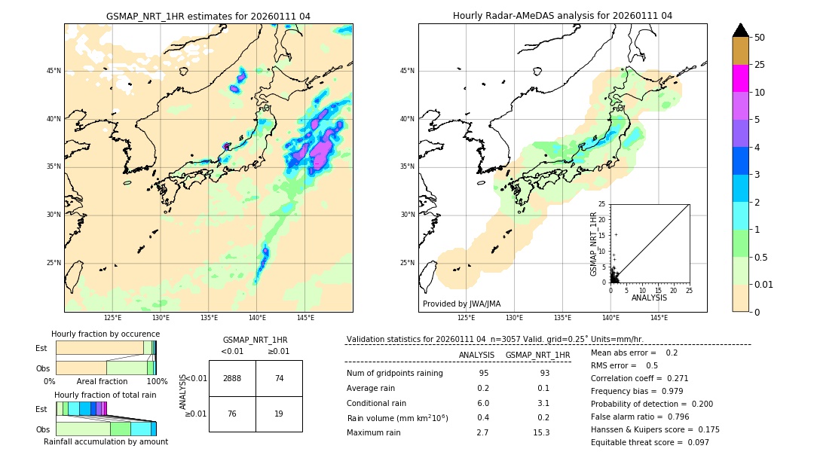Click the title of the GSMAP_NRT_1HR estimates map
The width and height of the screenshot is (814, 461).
(208, 16)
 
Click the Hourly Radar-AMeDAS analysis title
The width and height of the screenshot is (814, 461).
(562, 16)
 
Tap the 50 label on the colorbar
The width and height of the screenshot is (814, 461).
(760, 38)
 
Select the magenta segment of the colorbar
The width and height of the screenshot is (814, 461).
(740, 78)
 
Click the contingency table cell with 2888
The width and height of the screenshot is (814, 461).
(232, 378)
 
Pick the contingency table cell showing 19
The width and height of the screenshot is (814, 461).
(279, 414)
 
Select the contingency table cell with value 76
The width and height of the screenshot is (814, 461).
(232, 414)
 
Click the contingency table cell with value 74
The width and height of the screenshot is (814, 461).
(279, 378)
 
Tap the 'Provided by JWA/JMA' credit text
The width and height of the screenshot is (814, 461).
(461, 304)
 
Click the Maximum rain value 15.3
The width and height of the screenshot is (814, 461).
(541, 432)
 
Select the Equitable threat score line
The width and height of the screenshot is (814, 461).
(650, 442)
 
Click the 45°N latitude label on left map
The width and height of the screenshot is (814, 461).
(54, 71)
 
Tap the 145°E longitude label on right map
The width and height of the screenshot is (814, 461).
(659, 318)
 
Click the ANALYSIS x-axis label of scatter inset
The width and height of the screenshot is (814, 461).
(649, 298)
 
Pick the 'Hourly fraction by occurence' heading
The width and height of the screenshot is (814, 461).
(106, 334)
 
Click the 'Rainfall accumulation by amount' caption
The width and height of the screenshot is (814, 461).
(106, 441)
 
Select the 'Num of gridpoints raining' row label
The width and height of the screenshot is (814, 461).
(394, 373)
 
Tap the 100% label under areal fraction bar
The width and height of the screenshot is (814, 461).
(157, 382)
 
